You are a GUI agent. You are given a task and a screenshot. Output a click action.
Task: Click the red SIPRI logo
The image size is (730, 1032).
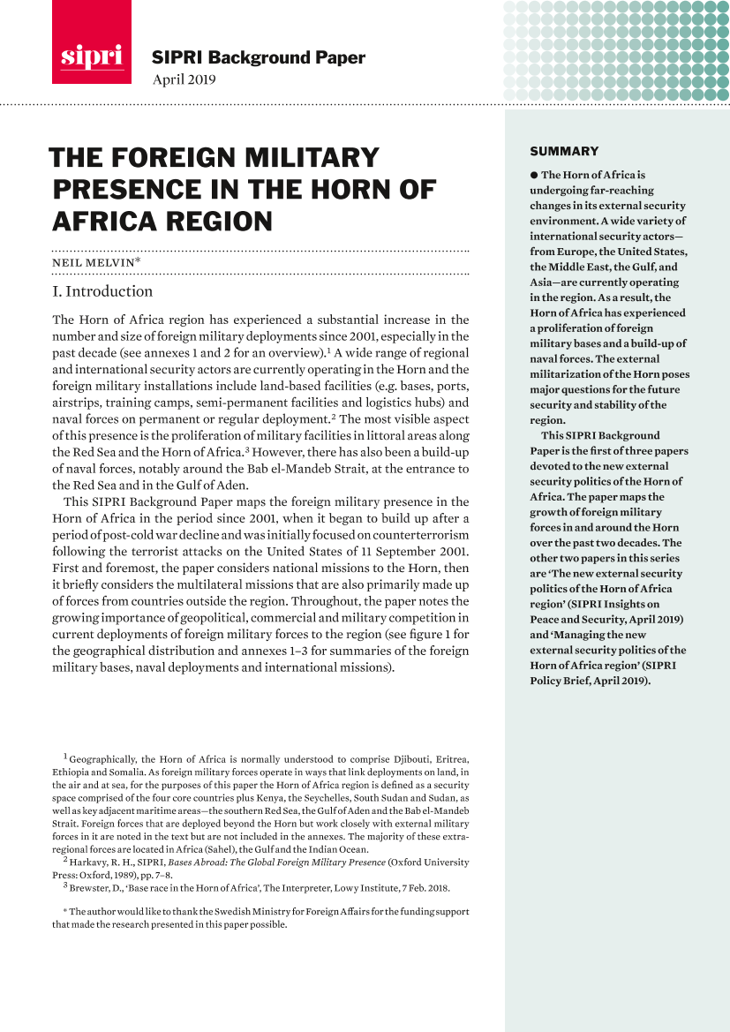pos(92,42)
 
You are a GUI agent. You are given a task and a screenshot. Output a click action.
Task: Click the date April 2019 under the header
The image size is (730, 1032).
pos(184,80)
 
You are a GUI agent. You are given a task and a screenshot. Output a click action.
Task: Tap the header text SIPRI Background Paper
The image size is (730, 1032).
pos(259,58)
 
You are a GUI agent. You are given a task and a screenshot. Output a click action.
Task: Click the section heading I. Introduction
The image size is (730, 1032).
pos(102,291)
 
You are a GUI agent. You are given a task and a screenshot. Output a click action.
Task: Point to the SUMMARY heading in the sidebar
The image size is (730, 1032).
pos(564,151)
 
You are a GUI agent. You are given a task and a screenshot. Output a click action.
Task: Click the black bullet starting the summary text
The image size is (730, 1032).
pos(534,175)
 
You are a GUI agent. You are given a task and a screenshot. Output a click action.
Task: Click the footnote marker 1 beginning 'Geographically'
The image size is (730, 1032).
pos(65,757)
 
